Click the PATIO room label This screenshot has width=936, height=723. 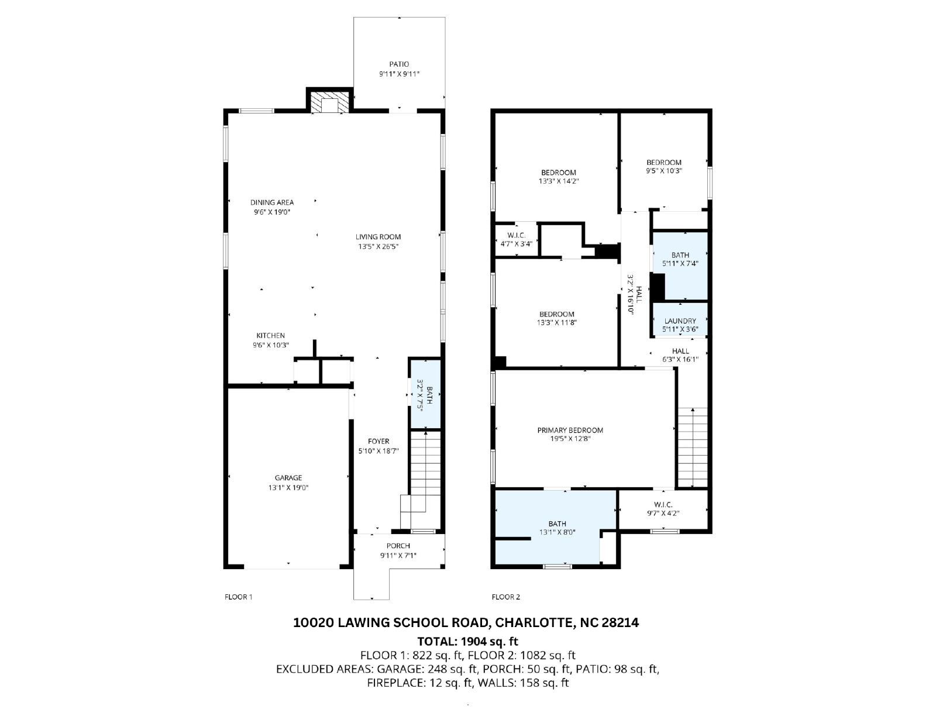[399, 64]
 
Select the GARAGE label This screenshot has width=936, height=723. [288, 477]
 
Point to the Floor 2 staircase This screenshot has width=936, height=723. [693, 447]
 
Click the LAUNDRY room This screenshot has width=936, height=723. [680, 320]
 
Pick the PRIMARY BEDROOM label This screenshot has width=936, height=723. [570, 430]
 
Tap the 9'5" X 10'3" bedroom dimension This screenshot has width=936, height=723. [664, 171]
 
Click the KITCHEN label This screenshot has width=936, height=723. [270, 335]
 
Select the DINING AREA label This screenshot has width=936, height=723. [272, 202]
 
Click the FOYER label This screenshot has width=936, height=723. [378, 442]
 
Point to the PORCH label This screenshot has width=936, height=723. [398, 546]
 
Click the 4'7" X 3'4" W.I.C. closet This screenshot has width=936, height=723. [516, 239]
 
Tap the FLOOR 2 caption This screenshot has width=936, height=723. [505, 597]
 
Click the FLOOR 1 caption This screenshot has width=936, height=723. [238, 597]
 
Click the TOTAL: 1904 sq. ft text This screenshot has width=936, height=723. [467, 641]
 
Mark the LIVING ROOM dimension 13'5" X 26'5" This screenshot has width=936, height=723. [378, 247]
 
